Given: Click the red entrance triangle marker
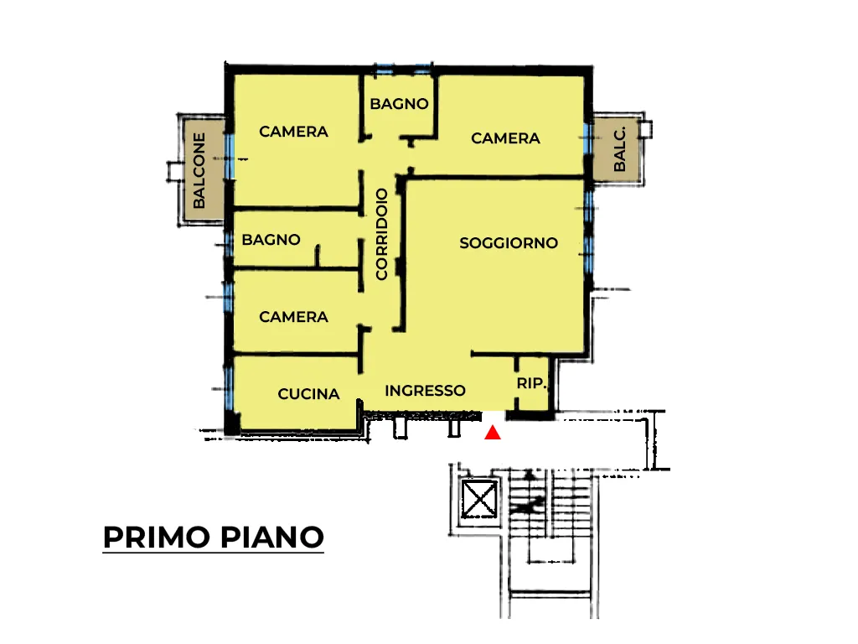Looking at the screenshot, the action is tap(493, 433).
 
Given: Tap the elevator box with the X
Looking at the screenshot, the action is tap(479, 498).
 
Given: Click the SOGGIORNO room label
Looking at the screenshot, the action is tap(509, 242).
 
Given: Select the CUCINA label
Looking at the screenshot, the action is tap(308, 394).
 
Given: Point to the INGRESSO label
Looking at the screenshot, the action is tap(425, 391).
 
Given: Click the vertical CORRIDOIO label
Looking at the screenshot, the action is tap(382, 234).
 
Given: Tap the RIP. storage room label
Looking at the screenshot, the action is tap(531, 383).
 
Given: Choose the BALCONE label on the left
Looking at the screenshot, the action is tap(199, 170).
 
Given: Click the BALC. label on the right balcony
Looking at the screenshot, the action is tap(619, 149).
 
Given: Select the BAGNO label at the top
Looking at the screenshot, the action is tap(399, 103).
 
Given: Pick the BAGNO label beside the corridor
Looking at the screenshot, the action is tap(271, 239).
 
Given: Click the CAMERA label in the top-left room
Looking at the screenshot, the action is tap(293, 132).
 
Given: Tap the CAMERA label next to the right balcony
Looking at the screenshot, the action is tap(505, 138).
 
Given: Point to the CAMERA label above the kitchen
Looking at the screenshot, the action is tap(293, 316).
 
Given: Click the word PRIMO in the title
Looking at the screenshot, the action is tap(157, 538).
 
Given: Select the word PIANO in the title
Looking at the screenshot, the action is tap(272, 538).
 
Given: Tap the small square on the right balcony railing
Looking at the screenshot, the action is tap(646, 130).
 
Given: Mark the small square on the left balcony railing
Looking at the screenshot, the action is tap(174, 171).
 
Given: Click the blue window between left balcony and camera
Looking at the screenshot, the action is tap(230, 156).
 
